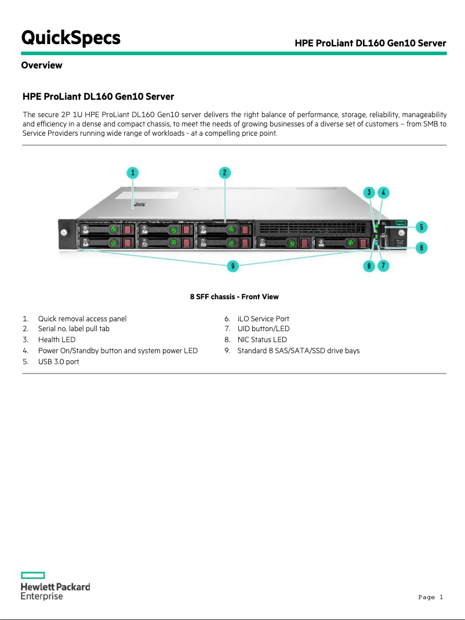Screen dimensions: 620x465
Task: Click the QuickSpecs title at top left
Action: (x=71, y=38)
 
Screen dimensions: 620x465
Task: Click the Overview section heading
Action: (x=42, y=65)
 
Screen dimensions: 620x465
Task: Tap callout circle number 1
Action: (x=133, y=172)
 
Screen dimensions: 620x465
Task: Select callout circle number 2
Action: (x=225, y=172)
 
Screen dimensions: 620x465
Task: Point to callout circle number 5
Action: (x=423, y=227)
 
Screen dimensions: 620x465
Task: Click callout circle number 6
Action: (x=423, y=248)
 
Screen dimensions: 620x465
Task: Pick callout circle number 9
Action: (x=232, y=266)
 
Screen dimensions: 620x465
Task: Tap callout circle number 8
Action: (x=369, y=266)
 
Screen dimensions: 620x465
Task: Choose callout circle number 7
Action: (x=383, y=266)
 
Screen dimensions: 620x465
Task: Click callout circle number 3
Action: (x=369, y=192)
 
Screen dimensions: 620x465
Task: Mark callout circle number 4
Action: (x=383, y=192)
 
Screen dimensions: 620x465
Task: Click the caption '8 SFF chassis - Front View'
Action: (x=234, y=297)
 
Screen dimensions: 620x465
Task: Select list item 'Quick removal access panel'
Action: (x=82, y=318)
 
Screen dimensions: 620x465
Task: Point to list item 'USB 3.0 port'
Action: (x=59, y=361)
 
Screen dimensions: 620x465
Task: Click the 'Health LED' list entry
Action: (x=57, y=340)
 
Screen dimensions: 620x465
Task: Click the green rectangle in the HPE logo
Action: (x=33, y=575)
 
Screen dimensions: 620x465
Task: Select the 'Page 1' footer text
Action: (x=430, y=597)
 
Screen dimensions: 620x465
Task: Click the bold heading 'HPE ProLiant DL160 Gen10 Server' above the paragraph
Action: (x=98, y=96)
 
